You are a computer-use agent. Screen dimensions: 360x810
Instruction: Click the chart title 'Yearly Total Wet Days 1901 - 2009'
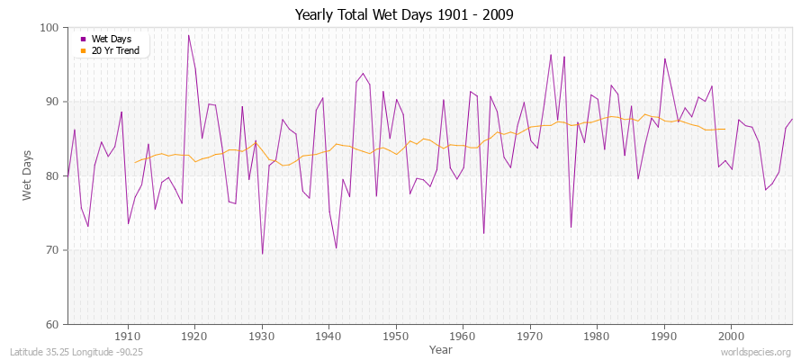pos(405,14)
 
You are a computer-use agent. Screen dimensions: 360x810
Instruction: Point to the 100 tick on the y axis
pos(50,28)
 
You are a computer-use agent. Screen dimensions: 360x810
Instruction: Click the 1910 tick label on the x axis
pos(128,336)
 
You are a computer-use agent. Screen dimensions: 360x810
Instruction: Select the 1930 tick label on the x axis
pos(262,336)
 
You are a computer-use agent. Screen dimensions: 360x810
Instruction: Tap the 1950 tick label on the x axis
pos(396,336)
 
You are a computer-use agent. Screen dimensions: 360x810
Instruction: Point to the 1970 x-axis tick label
pos(530,336)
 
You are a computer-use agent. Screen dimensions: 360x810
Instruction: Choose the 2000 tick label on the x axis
pos(731,336)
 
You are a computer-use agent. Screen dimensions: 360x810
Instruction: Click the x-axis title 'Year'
pos(441,348)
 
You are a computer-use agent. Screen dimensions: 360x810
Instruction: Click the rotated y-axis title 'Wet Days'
pos(27,175)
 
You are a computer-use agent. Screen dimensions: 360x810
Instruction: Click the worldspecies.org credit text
pos(755,353)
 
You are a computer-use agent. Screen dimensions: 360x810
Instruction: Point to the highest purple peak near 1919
pos(188,35)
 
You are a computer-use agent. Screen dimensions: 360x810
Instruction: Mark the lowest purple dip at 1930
pos(262,254)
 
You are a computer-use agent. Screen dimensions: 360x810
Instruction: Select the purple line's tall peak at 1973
pos(551,54)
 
